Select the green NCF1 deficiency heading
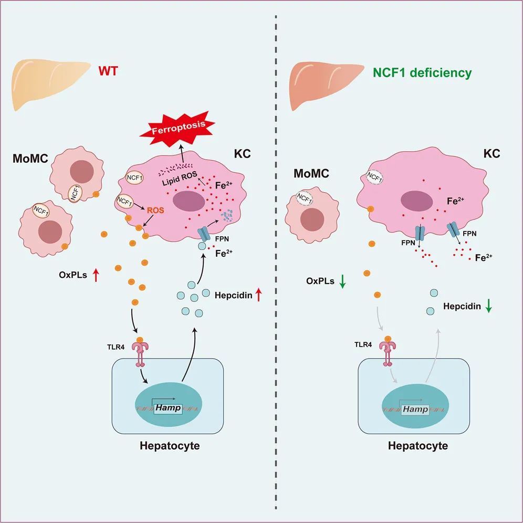tap(422, 73)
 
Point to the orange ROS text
tap(156, 209)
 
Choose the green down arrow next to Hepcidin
tap(489, 307)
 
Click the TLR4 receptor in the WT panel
tap(140, 350)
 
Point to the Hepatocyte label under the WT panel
tap(170, 446)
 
